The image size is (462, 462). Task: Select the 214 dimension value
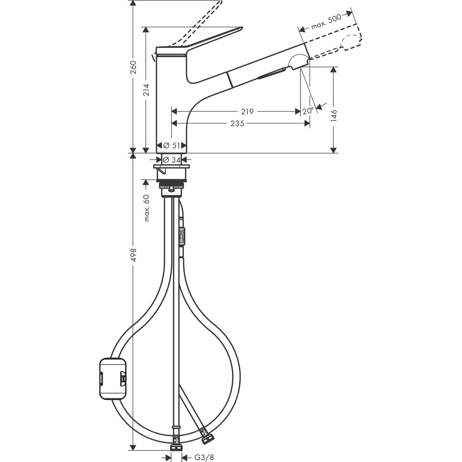point(146,89)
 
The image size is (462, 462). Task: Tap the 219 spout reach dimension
point(247,112)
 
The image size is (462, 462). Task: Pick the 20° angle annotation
point(308,111)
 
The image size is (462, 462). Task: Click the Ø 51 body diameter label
point(171,145)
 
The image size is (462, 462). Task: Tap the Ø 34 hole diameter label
point(171,160)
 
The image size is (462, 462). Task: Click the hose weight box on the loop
point(112,379)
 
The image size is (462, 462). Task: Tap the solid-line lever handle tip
point(238,29)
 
